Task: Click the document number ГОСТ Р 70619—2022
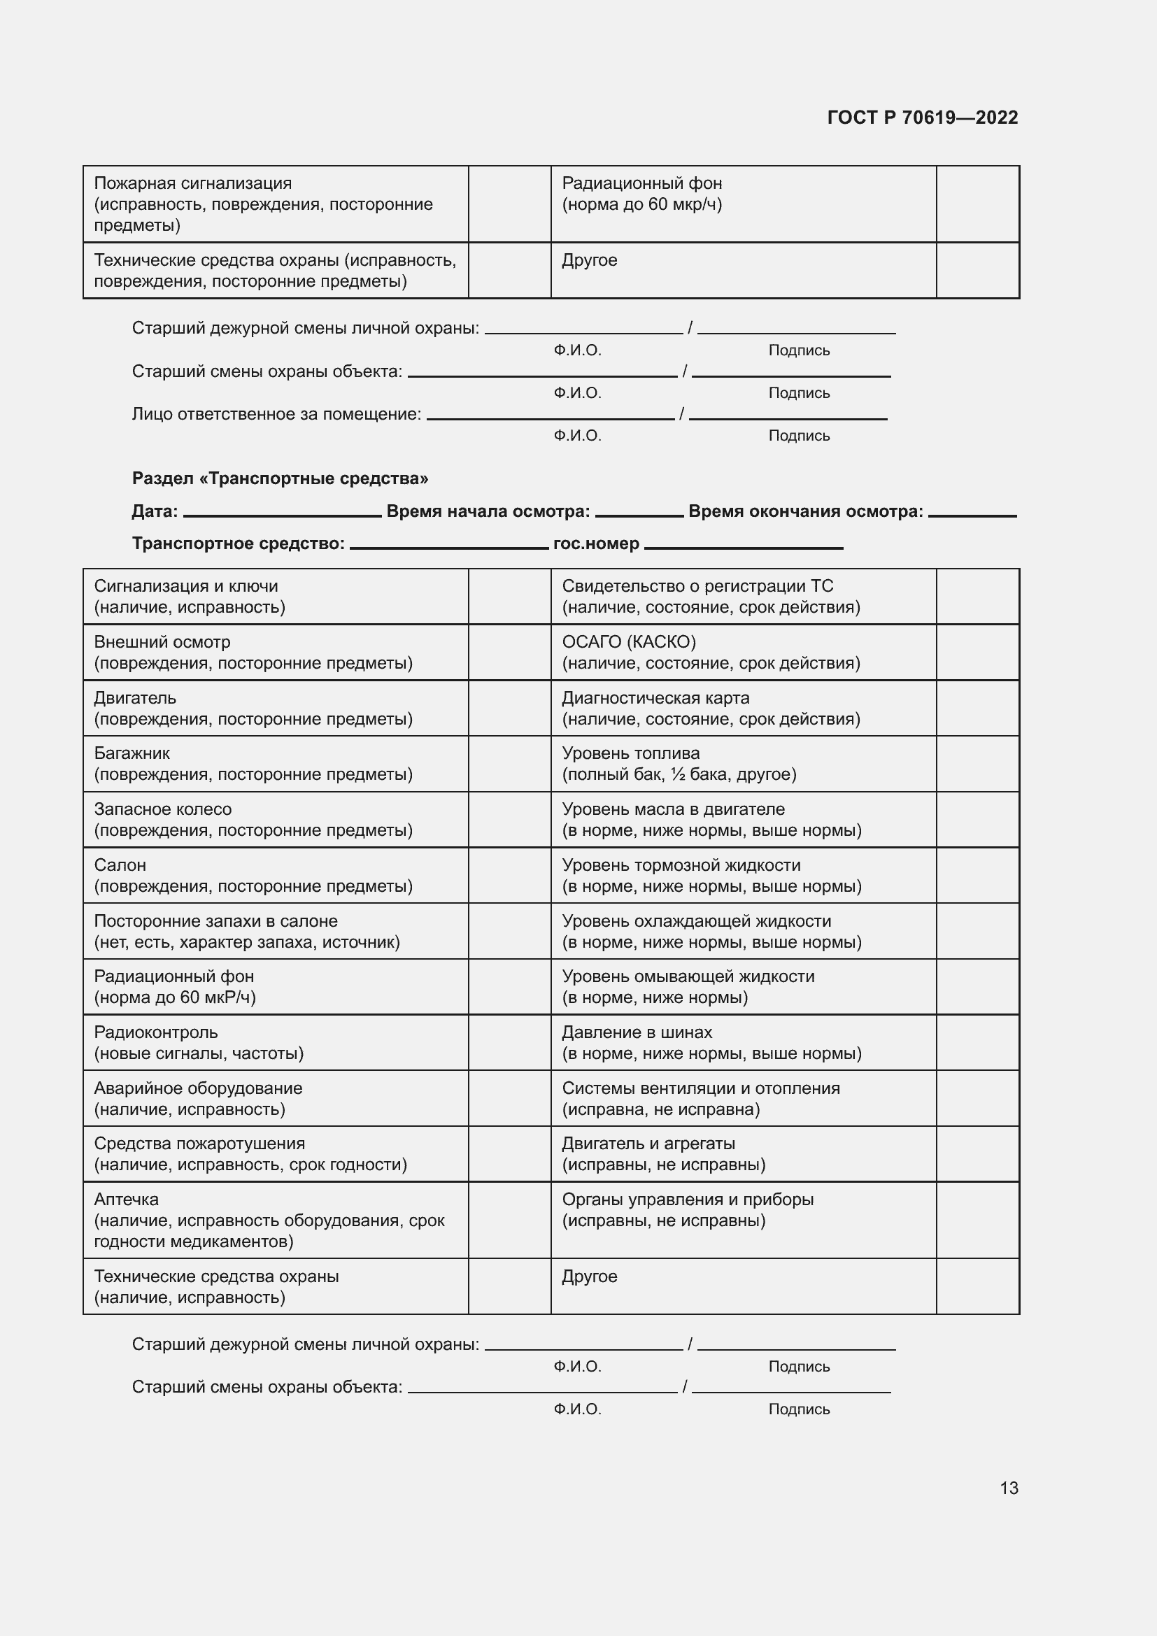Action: tap(923, 118)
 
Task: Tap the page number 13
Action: tap(1009, 1488)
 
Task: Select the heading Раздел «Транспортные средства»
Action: tap(280, 478)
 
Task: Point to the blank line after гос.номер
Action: tap(743, 546)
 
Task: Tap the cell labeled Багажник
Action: tap(275, 764)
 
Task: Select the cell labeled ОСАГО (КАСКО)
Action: tap(743, 652)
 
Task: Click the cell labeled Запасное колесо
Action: tap(275, 820)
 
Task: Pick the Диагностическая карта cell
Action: tap(743, 709)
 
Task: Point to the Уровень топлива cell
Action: tap(743, 764)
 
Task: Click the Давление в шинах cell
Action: tap(743, 1042)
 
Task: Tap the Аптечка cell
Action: tap(275, 1221)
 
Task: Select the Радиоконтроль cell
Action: tap(275, 1042)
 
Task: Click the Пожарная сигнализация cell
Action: tap(275, 204)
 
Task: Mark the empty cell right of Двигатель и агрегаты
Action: tap(977, 1154)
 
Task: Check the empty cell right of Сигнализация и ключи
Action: tap(509, 597)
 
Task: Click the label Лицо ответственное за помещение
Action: tap(276, 414)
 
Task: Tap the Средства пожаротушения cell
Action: tap(275, 1154)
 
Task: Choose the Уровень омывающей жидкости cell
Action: tap(743, 987)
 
